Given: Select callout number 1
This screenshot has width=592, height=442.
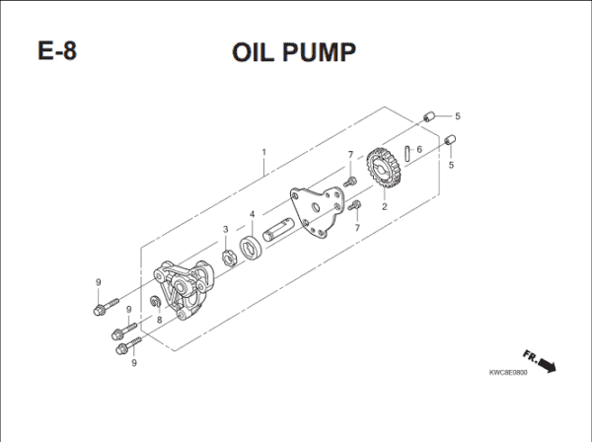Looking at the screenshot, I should pos(263,153).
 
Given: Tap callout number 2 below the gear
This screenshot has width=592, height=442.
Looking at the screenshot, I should pos(384,207).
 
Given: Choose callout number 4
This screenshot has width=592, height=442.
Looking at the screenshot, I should pos(253,214).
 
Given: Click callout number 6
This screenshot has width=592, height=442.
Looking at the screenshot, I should pos(419,150).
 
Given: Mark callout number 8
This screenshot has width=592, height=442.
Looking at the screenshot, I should pos(159,321).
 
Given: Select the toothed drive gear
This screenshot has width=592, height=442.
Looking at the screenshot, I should pos(382,171).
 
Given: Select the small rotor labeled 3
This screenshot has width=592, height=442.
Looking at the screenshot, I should pos(226,258).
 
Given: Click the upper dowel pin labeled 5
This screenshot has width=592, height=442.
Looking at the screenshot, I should pos(428,117).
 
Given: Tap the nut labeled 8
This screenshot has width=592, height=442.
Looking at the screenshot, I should pos(156,301).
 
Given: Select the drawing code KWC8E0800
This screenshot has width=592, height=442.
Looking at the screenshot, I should pos(509,374).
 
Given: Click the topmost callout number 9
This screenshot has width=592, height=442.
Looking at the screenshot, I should pos(99,283).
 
